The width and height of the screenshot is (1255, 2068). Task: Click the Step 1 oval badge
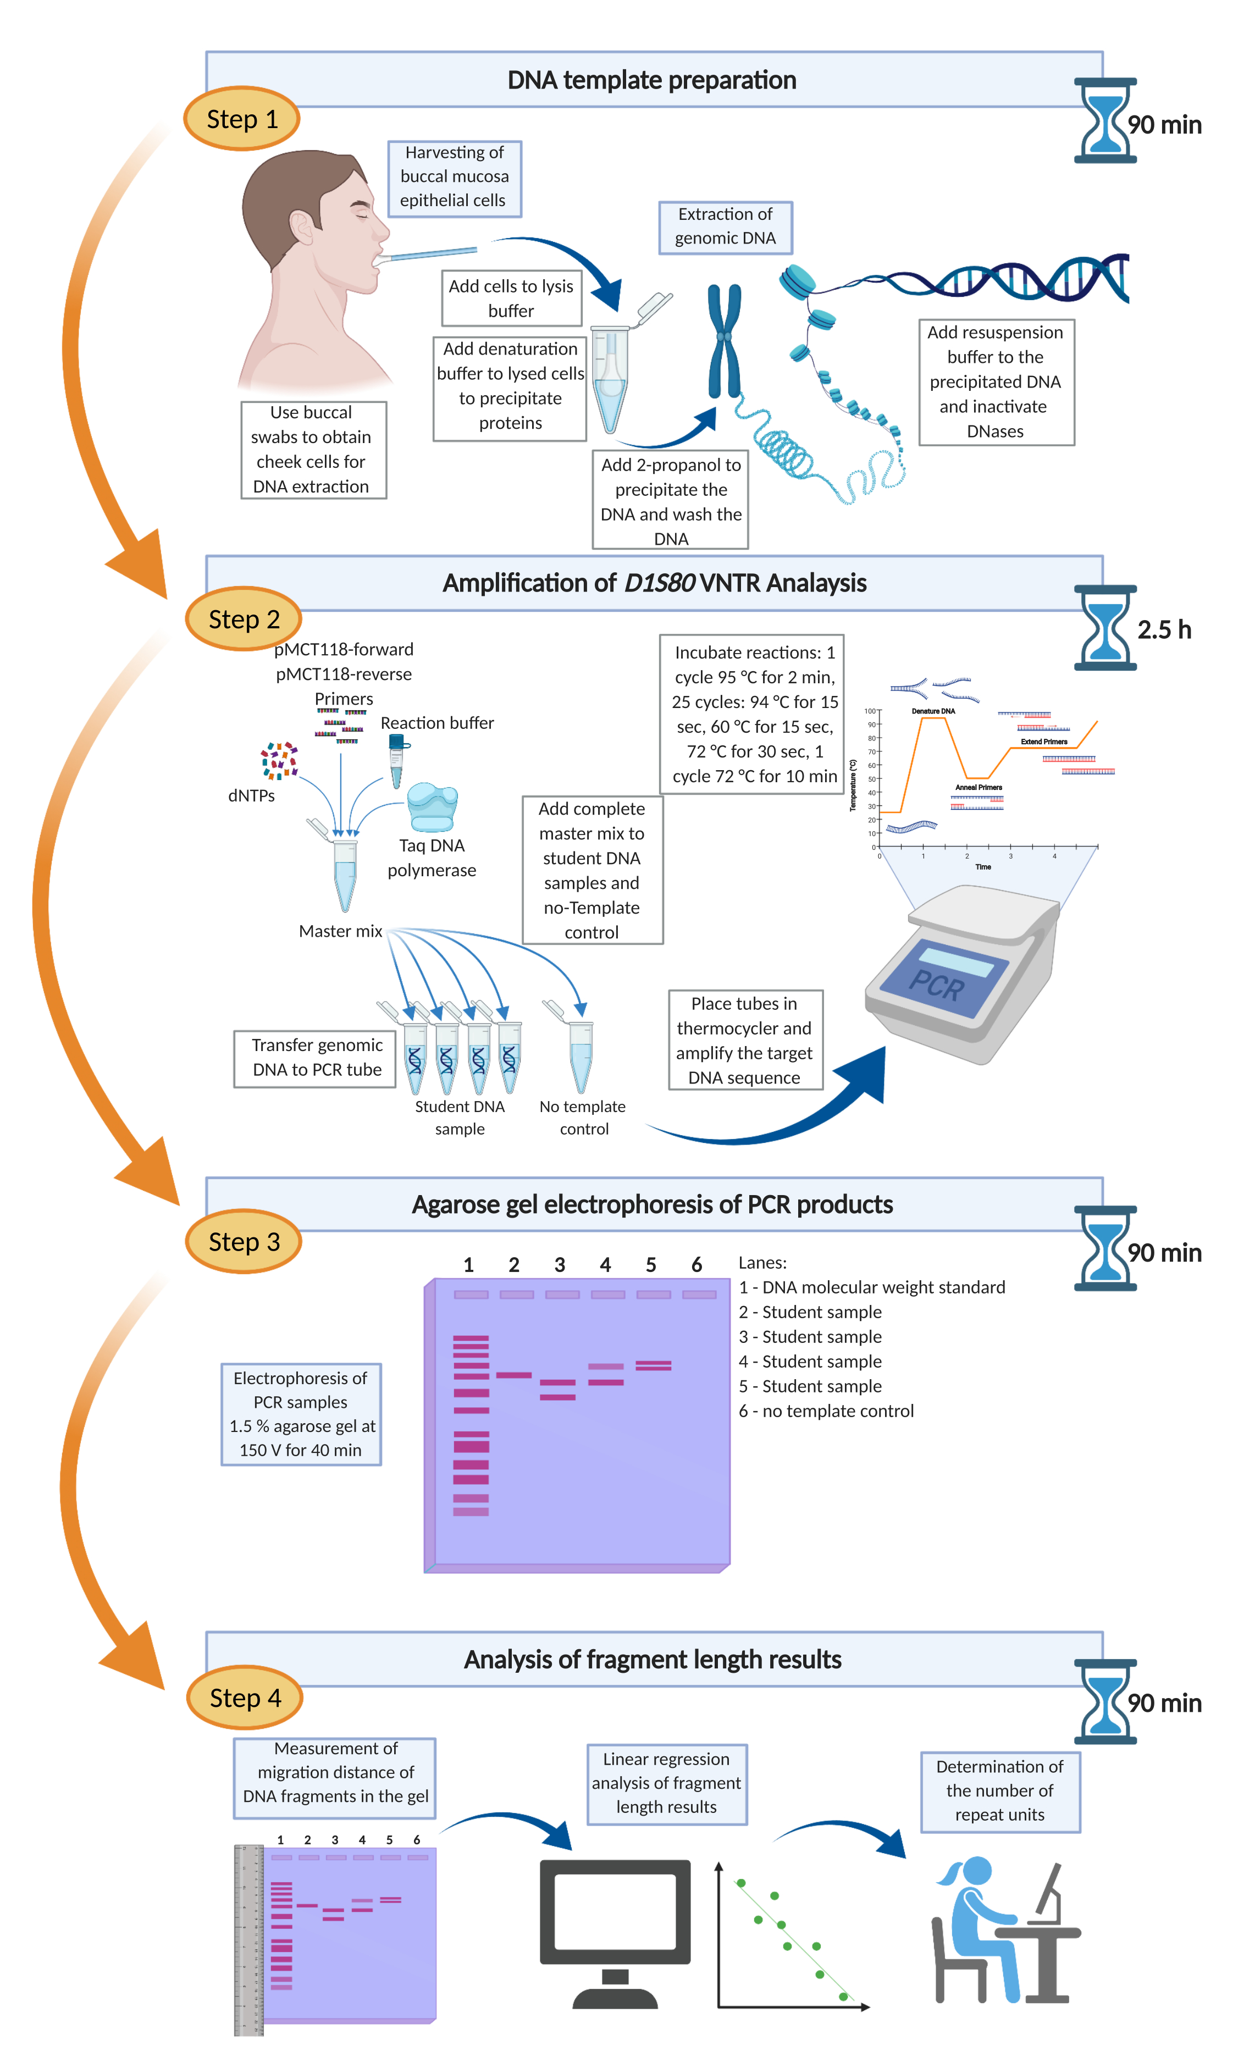pyautogui.click(x=242, y=118)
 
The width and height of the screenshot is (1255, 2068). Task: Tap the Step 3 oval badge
pyautogui.click(x=244, y=1241)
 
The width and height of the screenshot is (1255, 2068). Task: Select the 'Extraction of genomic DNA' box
pyautogui.click(x=725, y=226)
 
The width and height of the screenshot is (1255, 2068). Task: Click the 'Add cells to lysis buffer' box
pyautogui.click(x=511, y=298)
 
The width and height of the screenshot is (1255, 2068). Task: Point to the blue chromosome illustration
pyautogui.click(x=723, y=340)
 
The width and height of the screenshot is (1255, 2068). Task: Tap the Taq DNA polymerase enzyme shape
pyautogui.click(x=432, y=806)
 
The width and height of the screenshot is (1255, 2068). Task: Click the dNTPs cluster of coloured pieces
pyautogui.click(x=279, y=760)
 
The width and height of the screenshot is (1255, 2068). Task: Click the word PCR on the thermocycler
pyautogui.click(x=937, y=983)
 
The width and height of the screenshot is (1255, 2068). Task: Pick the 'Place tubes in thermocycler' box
pyautogui.click(x=745, y=1040)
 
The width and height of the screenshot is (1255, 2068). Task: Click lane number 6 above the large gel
pyautogui.click(x=696, y=1264)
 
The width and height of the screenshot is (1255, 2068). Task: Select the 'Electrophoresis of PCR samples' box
pyautogui.click(x=301, y=1414)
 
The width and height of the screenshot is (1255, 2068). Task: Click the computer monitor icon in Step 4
pyautogui.click(x=615, y=1931)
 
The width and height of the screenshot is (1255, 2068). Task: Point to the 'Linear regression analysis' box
pyautogui.click(x=667, y=1783)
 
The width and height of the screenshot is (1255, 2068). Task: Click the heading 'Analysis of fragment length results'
pyautogui.click(x=653, y=1659)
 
